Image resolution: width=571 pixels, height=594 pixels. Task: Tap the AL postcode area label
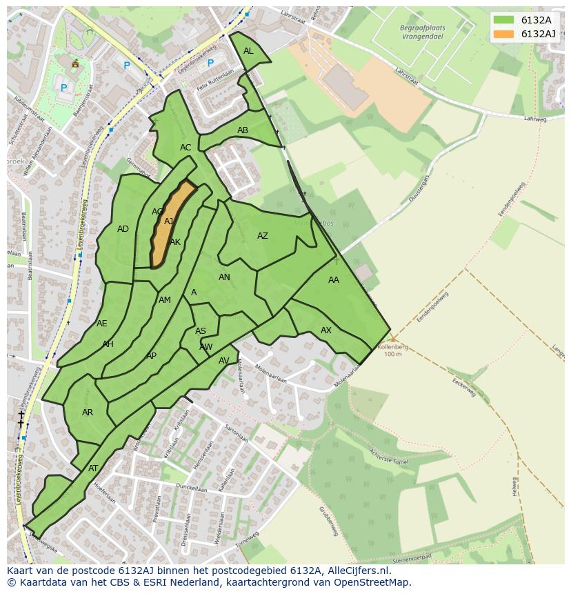(x=248, y=51)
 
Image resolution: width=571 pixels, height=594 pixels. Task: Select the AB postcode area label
(x=243, y=130)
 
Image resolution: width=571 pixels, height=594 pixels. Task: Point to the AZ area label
(x=263, y=236)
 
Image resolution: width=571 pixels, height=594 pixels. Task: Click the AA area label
(x=334, y=280)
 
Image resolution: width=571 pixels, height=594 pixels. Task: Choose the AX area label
(x=326, y=330)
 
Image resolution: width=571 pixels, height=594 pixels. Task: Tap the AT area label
(x=93, y=468)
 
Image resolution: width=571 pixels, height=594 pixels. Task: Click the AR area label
(x=88, y=413)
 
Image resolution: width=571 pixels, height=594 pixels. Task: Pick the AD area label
(x=123, y=229)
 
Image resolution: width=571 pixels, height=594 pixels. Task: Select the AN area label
(x=224, y=277)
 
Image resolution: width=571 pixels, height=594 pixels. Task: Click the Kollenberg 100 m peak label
(x=392, y=350)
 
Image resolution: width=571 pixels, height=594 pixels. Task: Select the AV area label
(x=224, y=361)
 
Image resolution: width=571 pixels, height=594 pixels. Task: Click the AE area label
(x=102, y=324)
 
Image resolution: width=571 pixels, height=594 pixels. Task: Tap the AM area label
(x=165, y=300)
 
